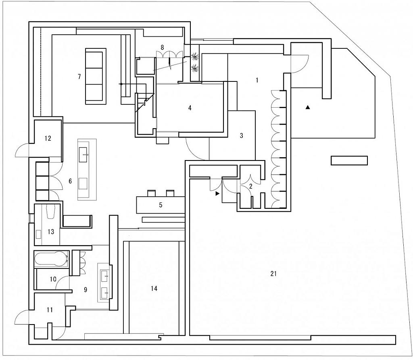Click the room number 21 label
pyautogui.click(x=273, y=274)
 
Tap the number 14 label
pyautogui.click(x=154, y=289)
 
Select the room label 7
pyautogui.click(x=79, y=76)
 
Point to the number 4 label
pyautogui.click(x=189, y=108)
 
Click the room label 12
pyautogui.click(x=48, y=139)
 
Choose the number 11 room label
pyautogui.click(x=50, y=310)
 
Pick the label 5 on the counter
pyautogui.click(x=161, y=205)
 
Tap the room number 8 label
pyautogui.click(x=162, y=47)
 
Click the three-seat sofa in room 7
pyautogui.click(x=96, y=77)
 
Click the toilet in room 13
pyautogui.click(x=50, y=212)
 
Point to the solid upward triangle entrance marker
pyautogui.click(x=308, y=107)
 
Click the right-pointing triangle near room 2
pyautogui.click(x=218, y=194)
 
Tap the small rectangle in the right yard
pyautogui.click(x=349, y=160)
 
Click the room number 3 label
pyautogui.click(x=242, y=136)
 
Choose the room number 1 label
pyautogui.click(x=257, y=80)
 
